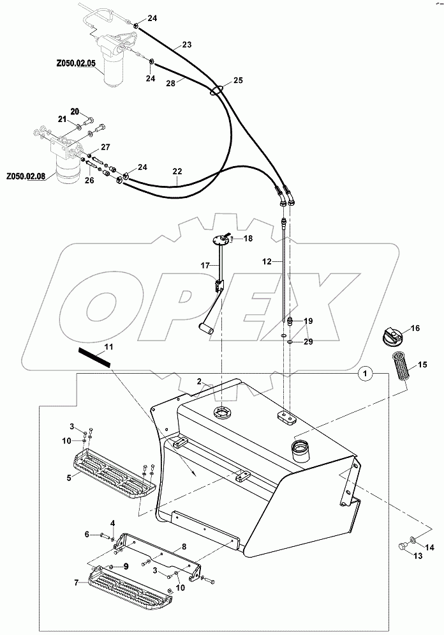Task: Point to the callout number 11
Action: [x=108, y=346]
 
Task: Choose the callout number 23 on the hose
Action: [x=186, y=45]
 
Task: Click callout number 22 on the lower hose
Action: [x=177, y=172]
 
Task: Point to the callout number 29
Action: [x=308, y=342]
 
